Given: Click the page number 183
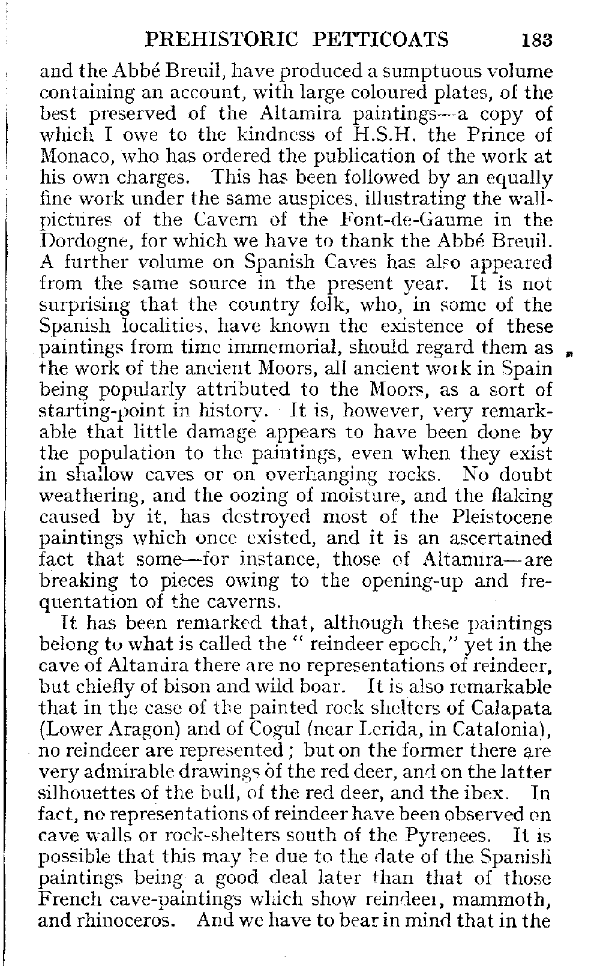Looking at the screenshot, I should pyautogui.click(x=536, y=40).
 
